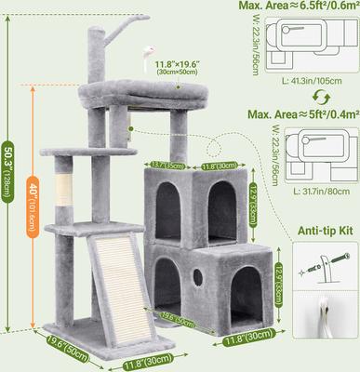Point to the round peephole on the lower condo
coord(197,280)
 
